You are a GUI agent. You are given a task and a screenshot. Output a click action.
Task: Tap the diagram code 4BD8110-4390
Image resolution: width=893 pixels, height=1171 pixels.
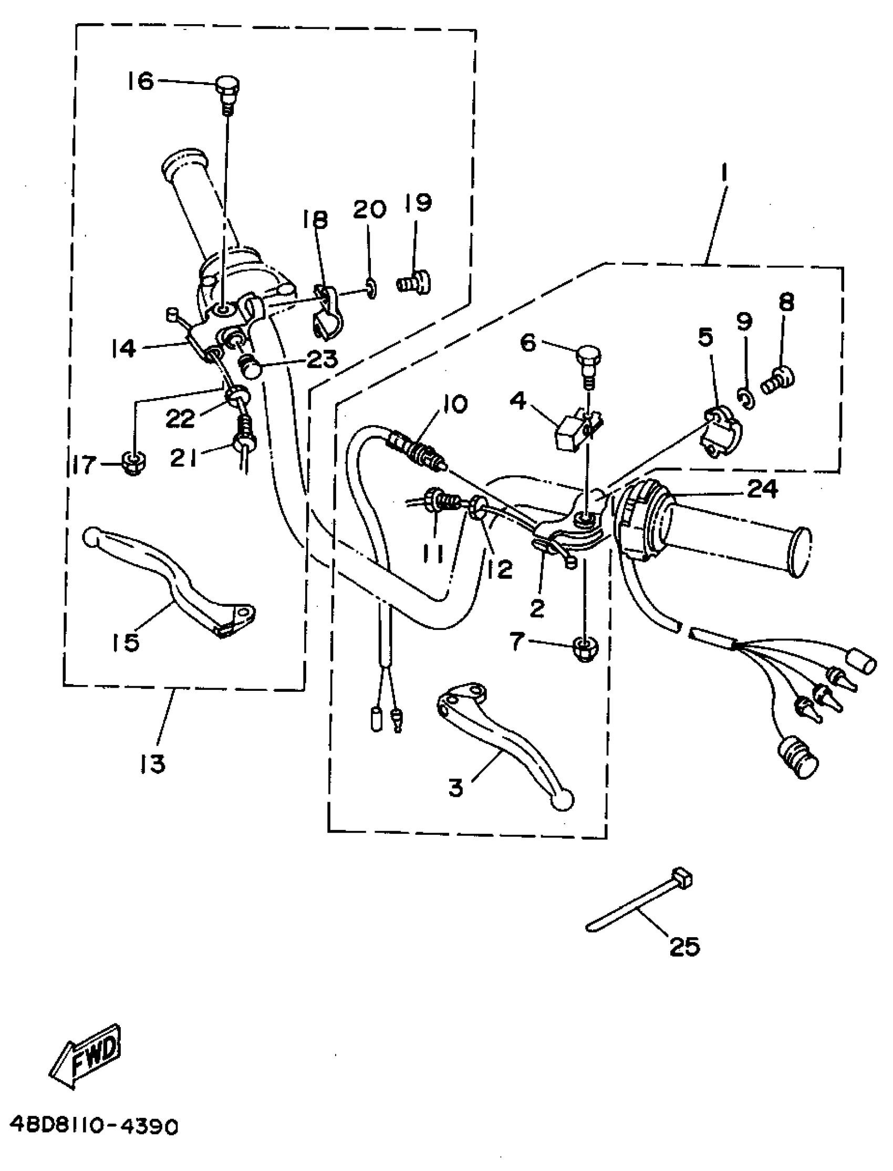click(x=94, y=1125)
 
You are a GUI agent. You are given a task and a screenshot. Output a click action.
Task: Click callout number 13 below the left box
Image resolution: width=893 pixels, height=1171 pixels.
click(x=153, y=764)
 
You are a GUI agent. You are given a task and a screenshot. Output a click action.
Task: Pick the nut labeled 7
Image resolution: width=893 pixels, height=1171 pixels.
click(x=585, y=648)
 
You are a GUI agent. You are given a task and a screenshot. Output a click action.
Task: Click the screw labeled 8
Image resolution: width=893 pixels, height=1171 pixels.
click(x=778, y=379)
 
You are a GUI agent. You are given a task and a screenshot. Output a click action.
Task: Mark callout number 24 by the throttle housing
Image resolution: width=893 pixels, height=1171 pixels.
click(x=762, y=489)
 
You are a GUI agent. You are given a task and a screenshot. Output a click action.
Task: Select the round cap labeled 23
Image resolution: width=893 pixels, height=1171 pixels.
click(x=250, y=366)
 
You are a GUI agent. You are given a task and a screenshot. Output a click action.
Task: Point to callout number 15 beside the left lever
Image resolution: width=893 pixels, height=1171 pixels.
click(x=127, y=642)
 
